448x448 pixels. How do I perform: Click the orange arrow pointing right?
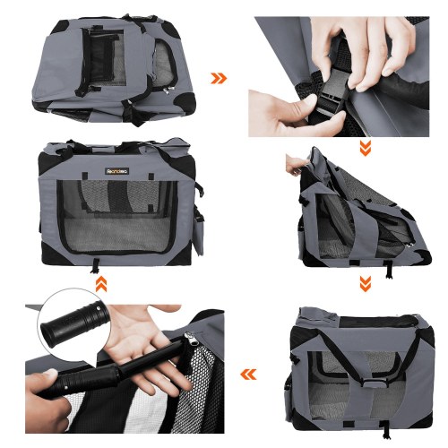pos(219,78)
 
